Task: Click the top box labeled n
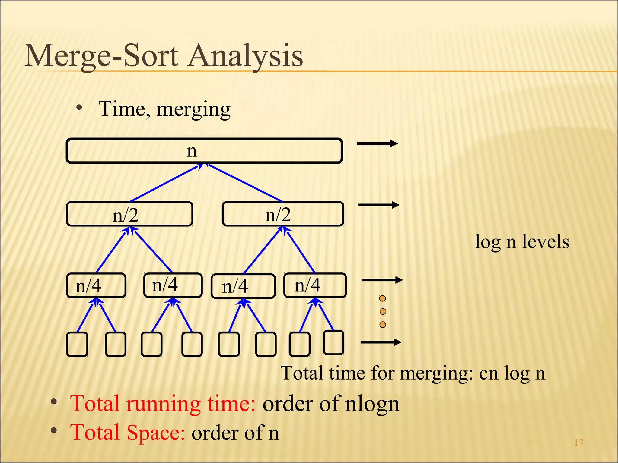pos(204,151)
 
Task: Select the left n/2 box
pos(129,214)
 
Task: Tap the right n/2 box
pos(283,214)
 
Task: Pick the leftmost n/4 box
pos(96,285)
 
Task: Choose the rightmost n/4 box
pos(315,285)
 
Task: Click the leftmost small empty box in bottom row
pos(77,344)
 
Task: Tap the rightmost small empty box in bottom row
pos(333,342)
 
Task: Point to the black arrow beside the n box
pos(377,144)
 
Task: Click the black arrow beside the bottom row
pos(381,342)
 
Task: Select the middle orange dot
pos(383,311)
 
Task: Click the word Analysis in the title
pos(245,56)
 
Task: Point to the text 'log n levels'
pos(522,242)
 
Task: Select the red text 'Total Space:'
pos(127,432)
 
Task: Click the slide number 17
pos(578,443)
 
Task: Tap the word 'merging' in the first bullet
pos(193,109)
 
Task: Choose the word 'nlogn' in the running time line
pos(372,404)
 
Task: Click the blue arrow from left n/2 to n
pos(165,183)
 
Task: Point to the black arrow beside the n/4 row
pos(382,280)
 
